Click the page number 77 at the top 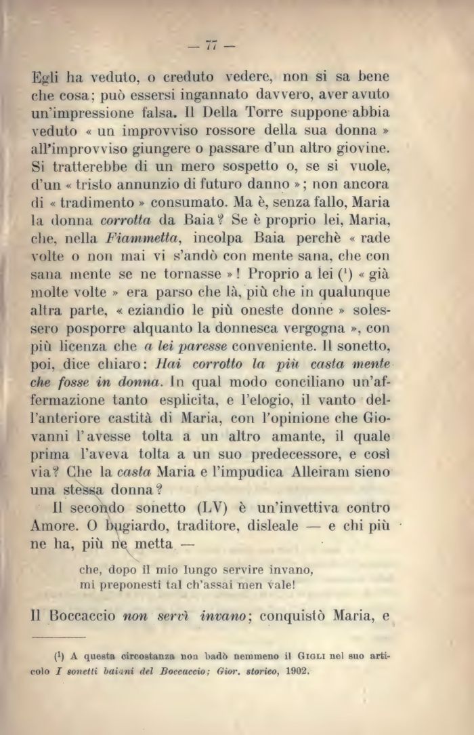[x=211, y=46]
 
